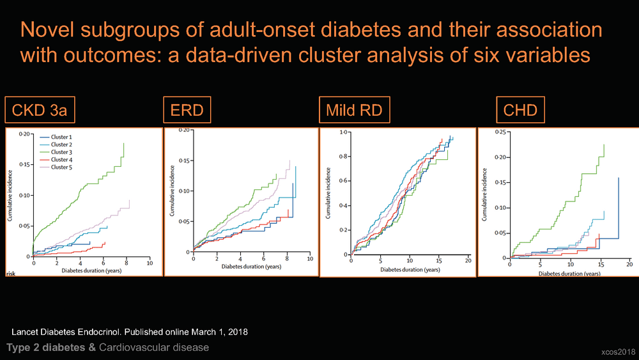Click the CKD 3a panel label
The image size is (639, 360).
[x=40, y=110]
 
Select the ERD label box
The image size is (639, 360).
[x=187, y=110]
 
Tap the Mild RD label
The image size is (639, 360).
[x=355, y=110]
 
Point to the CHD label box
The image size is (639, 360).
[x=520, y=110]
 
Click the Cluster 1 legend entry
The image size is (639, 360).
[x=56, y=137]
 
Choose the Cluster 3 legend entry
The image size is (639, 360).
[x=56, y=152]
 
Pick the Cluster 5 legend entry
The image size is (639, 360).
[x=56, y=167]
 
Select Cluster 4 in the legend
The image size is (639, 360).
[x=56, y=160]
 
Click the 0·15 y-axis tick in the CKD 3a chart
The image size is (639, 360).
[x=24, y=165]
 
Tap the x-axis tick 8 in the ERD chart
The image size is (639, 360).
[x=288, y=259]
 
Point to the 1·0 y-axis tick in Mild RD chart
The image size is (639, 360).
[x=344, y=132]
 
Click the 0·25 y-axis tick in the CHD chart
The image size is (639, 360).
[x=500, y=132]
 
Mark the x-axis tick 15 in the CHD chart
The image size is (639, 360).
[x=601, y=264]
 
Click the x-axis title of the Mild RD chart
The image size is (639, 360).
[x=410, y=269]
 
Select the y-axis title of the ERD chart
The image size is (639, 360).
[x=172, y=191]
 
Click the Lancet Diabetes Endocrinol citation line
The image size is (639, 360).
[x=130, y=332]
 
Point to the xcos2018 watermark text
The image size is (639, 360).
[x=618, y=352]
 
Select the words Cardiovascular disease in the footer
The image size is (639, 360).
[x=154, y=347]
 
